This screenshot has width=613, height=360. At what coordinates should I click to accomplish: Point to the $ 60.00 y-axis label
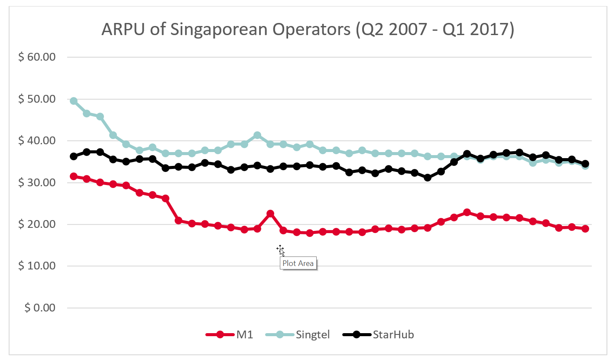(x=37, y=57)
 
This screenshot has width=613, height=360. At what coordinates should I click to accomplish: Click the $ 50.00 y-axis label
(x=37, y=99)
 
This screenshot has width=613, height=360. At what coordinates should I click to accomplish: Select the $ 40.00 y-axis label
(x=37, y=141)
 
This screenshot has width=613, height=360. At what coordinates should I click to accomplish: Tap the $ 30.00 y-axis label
(x=37, y=183)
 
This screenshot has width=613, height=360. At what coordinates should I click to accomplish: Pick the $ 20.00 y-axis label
(x=37, y=224)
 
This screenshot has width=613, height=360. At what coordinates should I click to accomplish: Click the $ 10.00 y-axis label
(x=37, y=266)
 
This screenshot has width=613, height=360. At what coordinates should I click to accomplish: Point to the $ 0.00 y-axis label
(x=39, y=308)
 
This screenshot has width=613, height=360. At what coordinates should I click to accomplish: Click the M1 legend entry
(x=229, y=334)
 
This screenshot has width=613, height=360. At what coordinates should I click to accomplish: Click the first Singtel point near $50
(x=74, y=101)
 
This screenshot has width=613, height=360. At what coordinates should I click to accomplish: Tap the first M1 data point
(x=74, y=176)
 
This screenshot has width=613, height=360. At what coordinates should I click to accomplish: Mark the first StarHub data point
(x=74, y=156)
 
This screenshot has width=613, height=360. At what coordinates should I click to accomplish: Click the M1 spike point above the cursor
(x=270, y=214)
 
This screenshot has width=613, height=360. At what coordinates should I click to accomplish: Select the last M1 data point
(x=585, y=229)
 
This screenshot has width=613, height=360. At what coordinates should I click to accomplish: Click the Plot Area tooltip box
(x=298, y=263)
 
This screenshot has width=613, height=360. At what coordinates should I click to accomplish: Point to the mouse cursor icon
(x=280, y=250)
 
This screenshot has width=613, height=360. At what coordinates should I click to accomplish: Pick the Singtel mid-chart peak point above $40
(x=257, y=136)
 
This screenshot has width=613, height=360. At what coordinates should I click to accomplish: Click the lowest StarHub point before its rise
(x=428, y=178)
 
